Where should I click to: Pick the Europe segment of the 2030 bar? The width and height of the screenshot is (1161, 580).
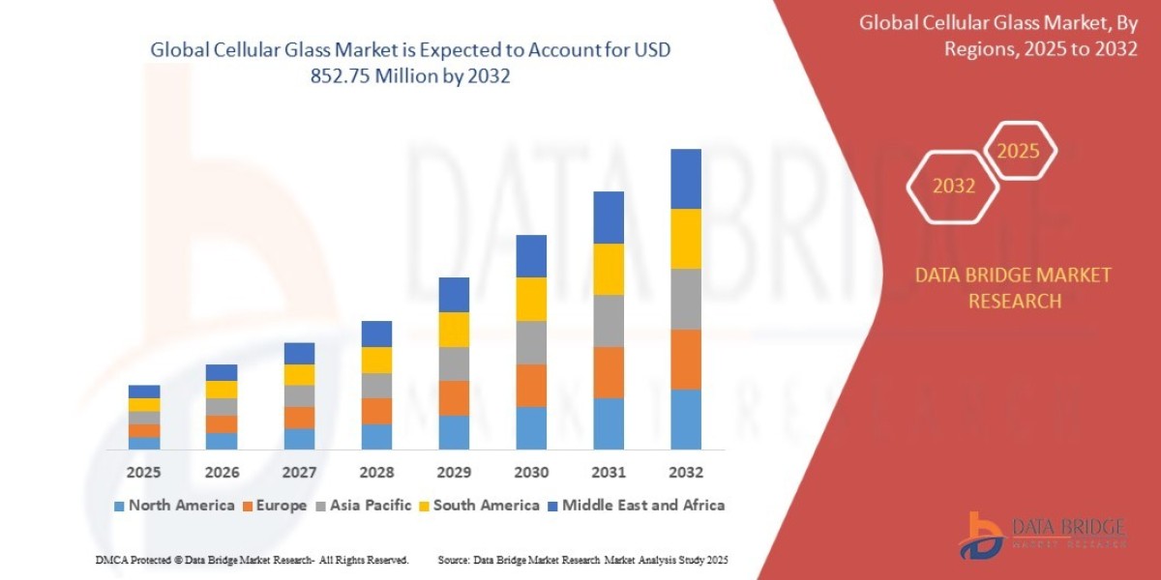530,385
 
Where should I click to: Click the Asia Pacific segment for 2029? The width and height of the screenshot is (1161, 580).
454,363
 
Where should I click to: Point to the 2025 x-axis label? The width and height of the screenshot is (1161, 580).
144,473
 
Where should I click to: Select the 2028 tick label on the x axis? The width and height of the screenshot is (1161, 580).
376,473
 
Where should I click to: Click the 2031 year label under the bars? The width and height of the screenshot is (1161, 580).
608,473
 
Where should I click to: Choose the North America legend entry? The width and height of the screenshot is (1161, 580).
174,505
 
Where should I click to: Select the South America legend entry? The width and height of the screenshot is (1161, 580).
478,505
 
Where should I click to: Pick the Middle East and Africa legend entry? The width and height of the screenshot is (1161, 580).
635,505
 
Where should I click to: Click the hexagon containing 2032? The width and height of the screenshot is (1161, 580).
953,186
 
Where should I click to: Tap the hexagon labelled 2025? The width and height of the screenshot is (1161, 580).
1018,151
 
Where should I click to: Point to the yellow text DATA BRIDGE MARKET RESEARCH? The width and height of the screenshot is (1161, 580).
1013,288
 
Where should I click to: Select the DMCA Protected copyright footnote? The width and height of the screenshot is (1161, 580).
252,560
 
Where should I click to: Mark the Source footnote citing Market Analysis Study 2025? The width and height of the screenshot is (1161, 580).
582,560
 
